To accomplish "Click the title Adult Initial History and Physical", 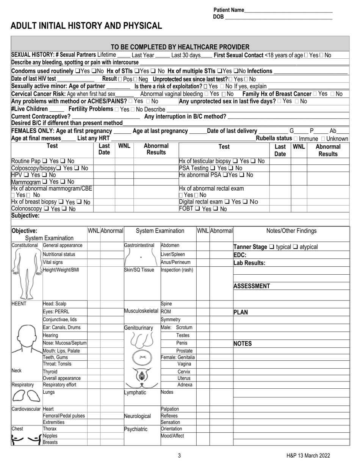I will [86, 26].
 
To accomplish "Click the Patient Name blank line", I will [288, 11].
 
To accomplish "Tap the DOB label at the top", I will [218, 17].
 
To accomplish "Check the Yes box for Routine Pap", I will [44, 161].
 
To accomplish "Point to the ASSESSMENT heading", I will [252, 286].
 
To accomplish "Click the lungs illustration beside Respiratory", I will [26, 396].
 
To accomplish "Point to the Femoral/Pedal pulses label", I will [64, 416].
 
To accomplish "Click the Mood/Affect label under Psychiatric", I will [172, 436].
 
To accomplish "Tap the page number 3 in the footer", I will [179, 456].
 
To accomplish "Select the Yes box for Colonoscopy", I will [46, 209].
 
